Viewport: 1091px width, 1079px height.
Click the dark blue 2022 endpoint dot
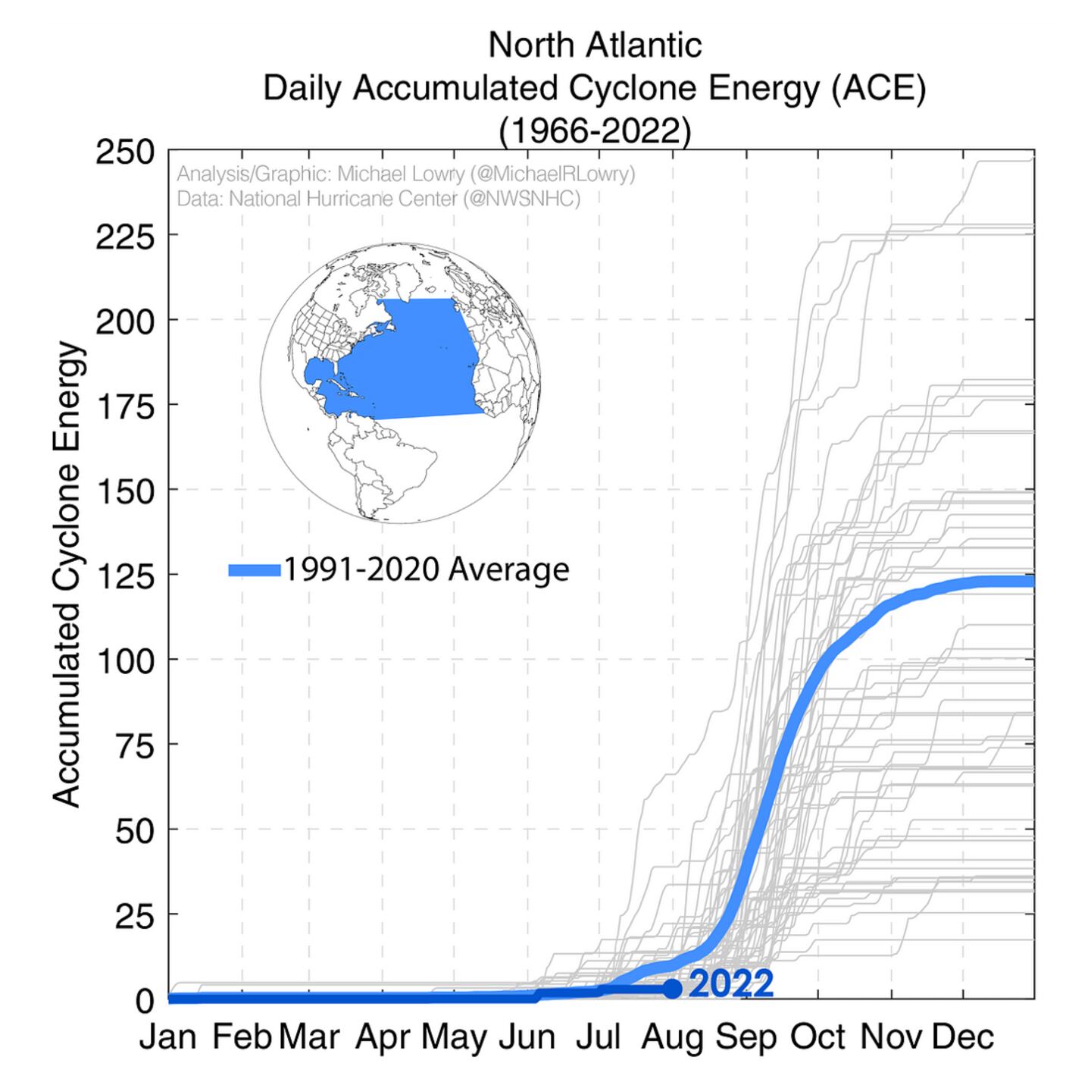(x=672, y=988)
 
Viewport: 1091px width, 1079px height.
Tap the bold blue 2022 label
(x=731, y=984)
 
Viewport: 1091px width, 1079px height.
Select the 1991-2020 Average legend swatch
(x=255, y=570)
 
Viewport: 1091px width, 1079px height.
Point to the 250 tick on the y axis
(x=125, y=152)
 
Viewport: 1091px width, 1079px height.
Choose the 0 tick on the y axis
(x=145, y=1001)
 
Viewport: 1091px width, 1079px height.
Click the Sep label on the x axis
(x=746, y=1037)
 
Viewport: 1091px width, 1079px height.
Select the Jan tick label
(x=168, y=1037)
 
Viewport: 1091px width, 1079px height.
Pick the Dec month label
(x=963, y=1037)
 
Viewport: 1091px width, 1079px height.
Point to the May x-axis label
(x=455, y=1037)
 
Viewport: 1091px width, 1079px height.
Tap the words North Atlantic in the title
(x=595, y=45)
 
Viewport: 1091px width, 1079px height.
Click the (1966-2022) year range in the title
(x=595, y=131)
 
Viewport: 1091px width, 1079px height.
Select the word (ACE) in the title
(x=878, y=88)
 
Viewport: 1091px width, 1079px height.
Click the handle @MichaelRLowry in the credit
(x=552, y=174)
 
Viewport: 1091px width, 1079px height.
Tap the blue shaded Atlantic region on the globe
(x=409, y=356)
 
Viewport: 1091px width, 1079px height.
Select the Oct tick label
(x=817, y=1037)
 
